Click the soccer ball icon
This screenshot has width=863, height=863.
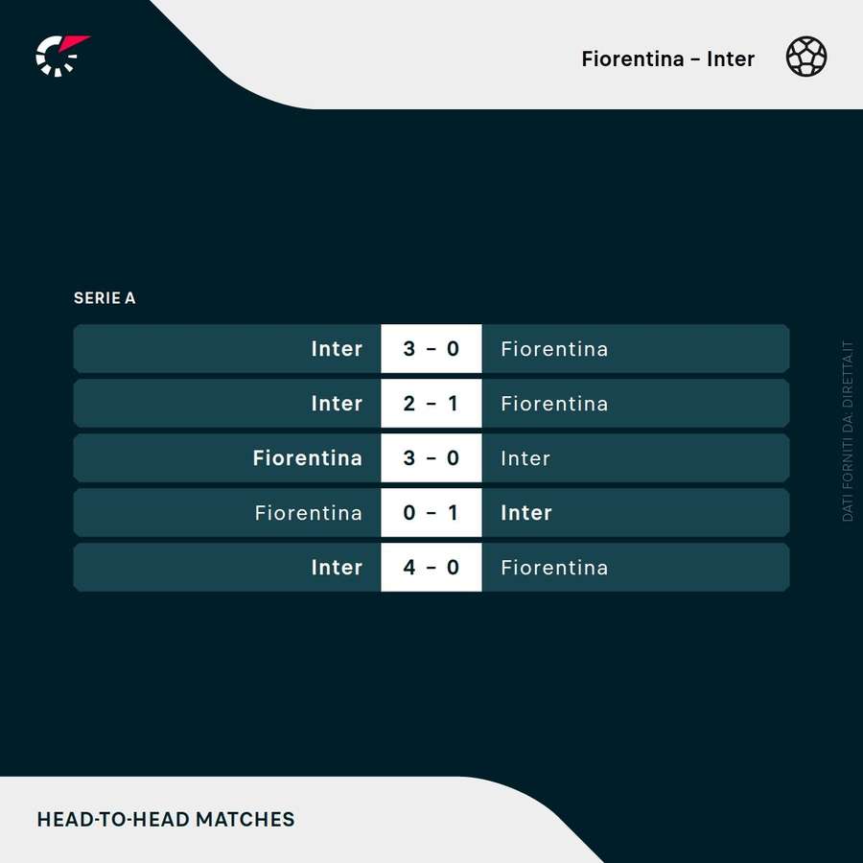[806, 57]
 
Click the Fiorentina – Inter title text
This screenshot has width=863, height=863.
[667, 58]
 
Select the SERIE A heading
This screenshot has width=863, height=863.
[105, 298]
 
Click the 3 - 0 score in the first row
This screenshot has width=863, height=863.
[431, 349]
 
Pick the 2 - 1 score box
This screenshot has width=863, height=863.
[431, 404]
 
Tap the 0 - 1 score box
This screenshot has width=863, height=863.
[431, 513]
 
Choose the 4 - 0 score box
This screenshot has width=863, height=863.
[431, 568]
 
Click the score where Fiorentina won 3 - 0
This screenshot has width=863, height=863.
[431, 458]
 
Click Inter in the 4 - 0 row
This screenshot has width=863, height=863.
[337, 568]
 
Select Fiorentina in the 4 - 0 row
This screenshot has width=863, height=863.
[554, 568]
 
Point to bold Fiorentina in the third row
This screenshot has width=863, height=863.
[307, 458]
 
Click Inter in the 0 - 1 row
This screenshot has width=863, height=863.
[526, 513]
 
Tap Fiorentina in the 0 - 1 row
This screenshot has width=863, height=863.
[308, 513]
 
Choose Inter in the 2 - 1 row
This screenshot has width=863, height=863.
[337, 404]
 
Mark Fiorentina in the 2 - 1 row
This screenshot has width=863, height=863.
[554, 404]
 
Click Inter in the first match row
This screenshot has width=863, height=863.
[337, 349]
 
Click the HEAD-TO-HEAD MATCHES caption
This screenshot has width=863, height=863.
[166, 819]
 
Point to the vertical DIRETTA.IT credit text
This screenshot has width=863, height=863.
[848, 431]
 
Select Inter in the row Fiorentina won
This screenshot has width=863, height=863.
[525, 458]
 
